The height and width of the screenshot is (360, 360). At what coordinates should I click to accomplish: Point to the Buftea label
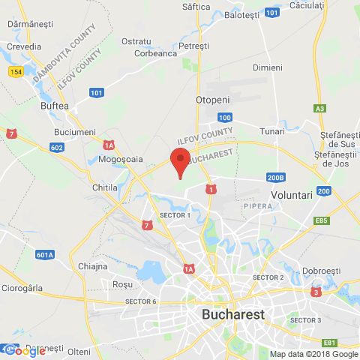point(54,106)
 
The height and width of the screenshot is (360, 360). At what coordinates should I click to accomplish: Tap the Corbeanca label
point(155,53)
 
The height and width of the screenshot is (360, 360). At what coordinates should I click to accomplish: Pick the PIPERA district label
point(256,204)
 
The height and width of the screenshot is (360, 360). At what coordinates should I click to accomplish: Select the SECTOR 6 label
point(141,301)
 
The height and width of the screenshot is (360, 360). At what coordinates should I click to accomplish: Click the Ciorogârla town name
point(22,287)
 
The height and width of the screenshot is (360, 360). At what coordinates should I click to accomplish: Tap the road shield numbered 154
point(16,70)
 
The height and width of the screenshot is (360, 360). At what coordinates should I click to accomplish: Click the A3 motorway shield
point(320,109)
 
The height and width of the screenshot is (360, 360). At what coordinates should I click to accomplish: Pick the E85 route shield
point(322,220)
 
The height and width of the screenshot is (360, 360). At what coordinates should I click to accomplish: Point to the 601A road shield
point(44,255)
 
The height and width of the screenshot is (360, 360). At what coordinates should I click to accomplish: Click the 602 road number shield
point(57,148)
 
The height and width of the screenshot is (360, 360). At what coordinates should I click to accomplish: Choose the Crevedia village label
point(24,46)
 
